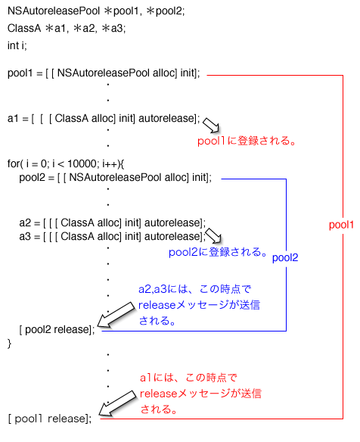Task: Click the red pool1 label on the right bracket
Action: [x=341, y=226]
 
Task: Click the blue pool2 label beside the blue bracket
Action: [x=284, y=257]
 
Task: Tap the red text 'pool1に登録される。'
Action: [x=245, y=140]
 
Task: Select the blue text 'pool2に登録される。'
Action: [x=218, y=252]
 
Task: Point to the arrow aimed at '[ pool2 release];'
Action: [x=113, y=316]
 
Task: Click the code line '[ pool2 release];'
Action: [x=57, y=329]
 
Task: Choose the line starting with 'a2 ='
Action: [x=112, y=223]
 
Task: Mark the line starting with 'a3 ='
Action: [x=112, y=236]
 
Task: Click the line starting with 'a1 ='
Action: [x=104, y=119]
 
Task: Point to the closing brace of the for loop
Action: [x=10, y=344]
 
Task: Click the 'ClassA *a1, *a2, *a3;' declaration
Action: [x=67, y=28]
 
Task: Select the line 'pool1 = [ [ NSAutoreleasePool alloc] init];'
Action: [x=104, y=73]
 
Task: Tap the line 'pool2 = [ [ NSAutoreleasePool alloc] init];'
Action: [x=115, y=177]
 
